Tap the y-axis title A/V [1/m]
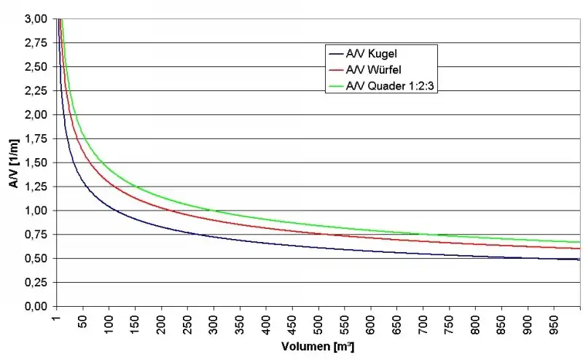coord(14,163)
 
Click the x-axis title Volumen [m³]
coord(318,347)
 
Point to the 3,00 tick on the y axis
coord(36,19)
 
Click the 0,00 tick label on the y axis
coord(36,307)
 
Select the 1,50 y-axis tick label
coord(36,163)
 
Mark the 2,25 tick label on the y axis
coord(36,91)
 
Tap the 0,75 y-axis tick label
coord(36,235)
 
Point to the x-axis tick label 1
coord(57,318)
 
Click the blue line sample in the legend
coord(336,54)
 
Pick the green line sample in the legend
coord(336,86)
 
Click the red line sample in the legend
coord(336,70)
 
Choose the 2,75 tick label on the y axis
coord(36,43)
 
